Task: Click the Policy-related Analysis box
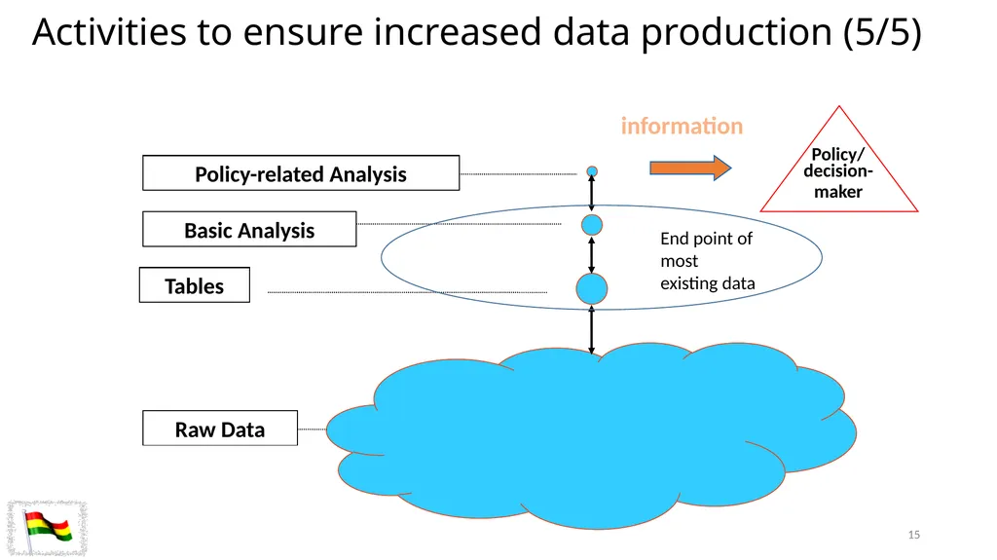pyautogui.click(x=301, y=173)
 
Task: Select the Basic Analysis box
pyautogui.click(x=249, y=229)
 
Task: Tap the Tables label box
pyautogui.click(x=195, y=285)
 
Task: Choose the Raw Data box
pyautogui.click(x=220, y=429)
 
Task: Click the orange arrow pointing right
pyautogui.click(x=690, y=168)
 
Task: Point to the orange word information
pyautogui.click(x=682, y=126)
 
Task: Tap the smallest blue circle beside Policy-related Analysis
pyautogui.click(x=592, y=171)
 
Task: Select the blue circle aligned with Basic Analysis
pyautogui.click(x=592, y=225)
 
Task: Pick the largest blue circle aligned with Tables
pyautogui.click(x=592, y=289)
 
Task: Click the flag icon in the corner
pyautogui.click(x=47, y=528)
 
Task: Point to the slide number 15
pyautogui.click(x=913, y=535)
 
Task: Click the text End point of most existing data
pyautogui.click(x=707, y=261)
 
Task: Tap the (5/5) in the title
pyautogui.click(x=882, y=32)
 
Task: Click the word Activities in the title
pyautogui.click(x=109, y=32)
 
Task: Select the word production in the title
pyautogui.click(x=736, y=33)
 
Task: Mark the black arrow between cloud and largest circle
pyautogui.click(x=592, y=329)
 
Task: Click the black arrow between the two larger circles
pyautogui.click(x=592, y=254)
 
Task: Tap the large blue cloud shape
pyautogui.click(x=591, y=436)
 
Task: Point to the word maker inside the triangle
pyautogui.click(x=838, y=192)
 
